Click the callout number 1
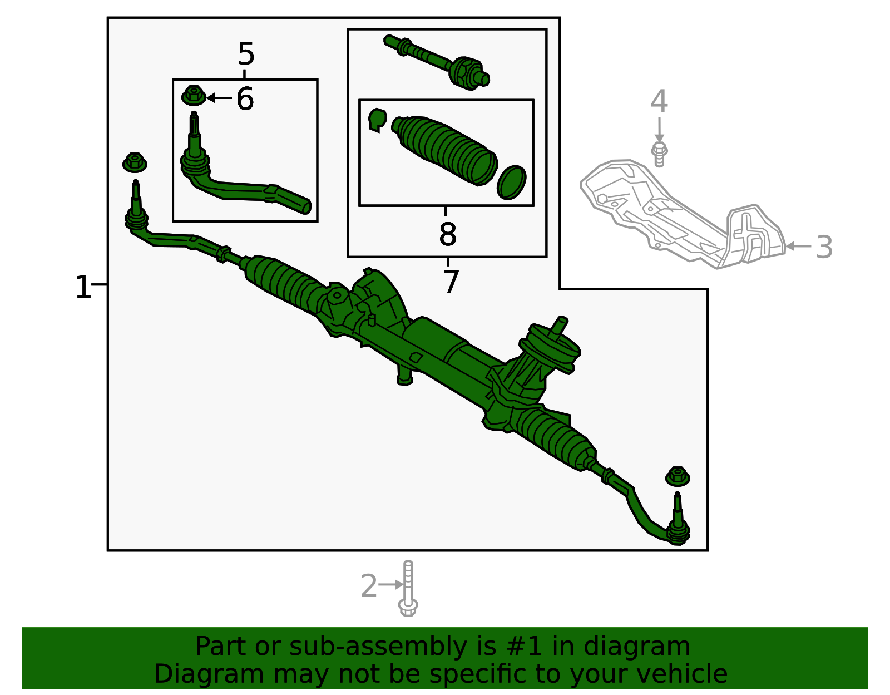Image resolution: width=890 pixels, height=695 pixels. [83, 287]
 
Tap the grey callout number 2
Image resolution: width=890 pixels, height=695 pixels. [369, 585]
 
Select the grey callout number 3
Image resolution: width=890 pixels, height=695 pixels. [824, 247]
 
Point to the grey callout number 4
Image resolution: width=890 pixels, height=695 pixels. [659, 101]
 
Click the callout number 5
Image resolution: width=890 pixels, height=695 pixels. [246, 53]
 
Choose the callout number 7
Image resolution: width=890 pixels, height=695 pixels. [451, 282]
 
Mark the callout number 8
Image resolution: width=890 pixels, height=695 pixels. [448, 234]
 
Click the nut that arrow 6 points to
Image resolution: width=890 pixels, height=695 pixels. [194, 95]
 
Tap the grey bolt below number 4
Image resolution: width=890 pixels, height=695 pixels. [659, 154]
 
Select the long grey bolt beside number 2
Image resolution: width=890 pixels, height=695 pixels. [408, 588]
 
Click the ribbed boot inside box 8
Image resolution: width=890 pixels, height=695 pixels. [444, 150]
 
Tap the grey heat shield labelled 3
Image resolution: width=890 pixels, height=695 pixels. [683, 214]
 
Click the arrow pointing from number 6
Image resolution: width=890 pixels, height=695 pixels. [219, 98]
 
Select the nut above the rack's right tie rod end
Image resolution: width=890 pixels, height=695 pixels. [678, 476]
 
